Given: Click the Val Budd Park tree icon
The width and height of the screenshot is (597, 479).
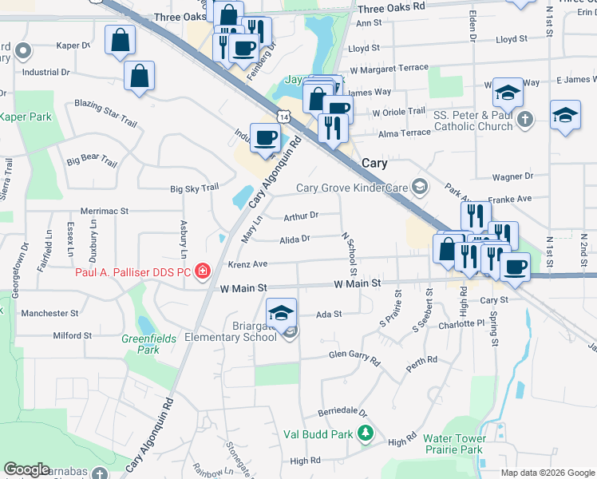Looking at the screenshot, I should click(366, 433).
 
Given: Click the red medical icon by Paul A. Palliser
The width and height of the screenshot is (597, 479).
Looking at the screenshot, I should click(204, 271).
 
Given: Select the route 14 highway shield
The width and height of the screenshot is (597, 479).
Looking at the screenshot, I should click(284, 117).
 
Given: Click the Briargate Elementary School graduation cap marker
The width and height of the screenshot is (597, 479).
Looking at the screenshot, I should click(281, 313).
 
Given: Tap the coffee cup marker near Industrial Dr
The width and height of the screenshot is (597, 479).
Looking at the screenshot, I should click(265, 139).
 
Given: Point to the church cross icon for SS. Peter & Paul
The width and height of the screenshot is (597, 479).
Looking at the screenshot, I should click(524, 120).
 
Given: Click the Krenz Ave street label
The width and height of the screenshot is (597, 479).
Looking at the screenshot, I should click(247, 263).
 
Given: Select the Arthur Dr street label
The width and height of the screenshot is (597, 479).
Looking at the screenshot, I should click(301, 216).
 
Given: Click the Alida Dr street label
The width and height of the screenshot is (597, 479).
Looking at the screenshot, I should click(295, 239).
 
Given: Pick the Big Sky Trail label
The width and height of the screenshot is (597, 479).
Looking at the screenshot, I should click(194, 188).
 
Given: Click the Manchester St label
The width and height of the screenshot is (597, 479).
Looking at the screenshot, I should click(49, 314).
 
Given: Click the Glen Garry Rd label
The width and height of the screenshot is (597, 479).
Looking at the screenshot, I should click(354, 356).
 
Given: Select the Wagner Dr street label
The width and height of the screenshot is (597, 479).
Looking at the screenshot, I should click(512, 176).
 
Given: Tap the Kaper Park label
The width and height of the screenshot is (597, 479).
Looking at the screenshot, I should click(26, 117).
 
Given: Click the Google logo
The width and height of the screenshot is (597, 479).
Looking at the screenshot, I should click(27, 469).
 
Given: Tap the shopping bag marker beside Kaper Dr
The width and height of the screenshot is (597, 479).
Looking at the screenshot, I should click(120, 39).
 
